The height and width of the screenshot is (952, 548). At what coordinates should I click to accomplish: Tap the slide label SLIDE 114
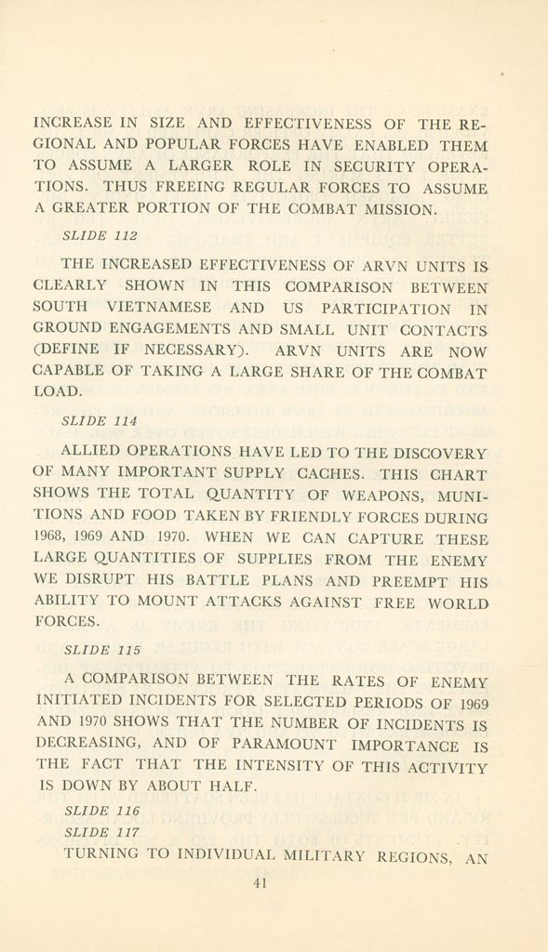coord(100,421)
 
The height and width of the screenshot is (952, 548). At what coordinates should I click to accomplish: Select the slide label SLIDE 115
coord(100,650)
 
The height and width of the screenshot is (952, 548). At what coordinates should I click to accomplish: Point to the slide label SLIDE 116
coord(100,812)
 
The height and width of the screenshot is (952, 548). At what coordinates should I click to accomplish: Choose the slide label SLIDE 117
coord(100,832)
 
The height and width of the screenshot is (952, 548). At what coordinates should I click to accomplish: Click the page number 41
coord(261,884)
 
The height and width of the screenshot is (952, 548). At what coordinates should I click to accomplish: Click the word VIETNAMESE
coord(159,308)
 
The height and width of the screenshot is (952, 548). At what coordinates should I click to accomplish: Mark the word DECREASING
coord(87,744)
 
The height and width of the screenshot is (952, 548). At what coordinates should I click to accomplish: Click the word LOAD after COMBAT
coord(57,392)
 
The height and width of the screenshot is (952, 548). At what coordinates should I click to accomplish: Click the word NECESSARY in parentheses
coord(193,350)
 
